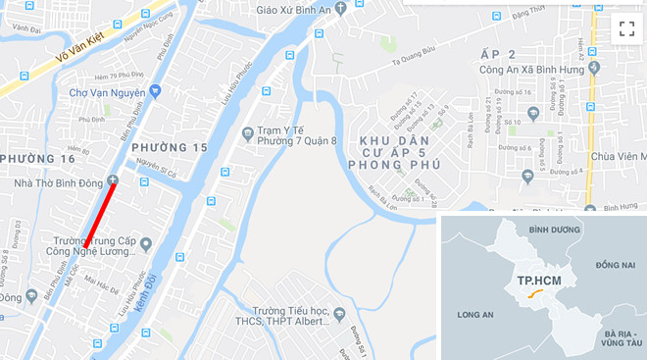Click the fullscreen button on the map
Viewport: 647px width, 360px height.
click(624, 28)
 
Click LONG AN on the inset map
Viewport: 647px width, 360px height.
click(475, 315)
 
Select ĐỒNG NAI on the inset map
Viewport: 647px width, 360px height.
click(614, 266)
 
